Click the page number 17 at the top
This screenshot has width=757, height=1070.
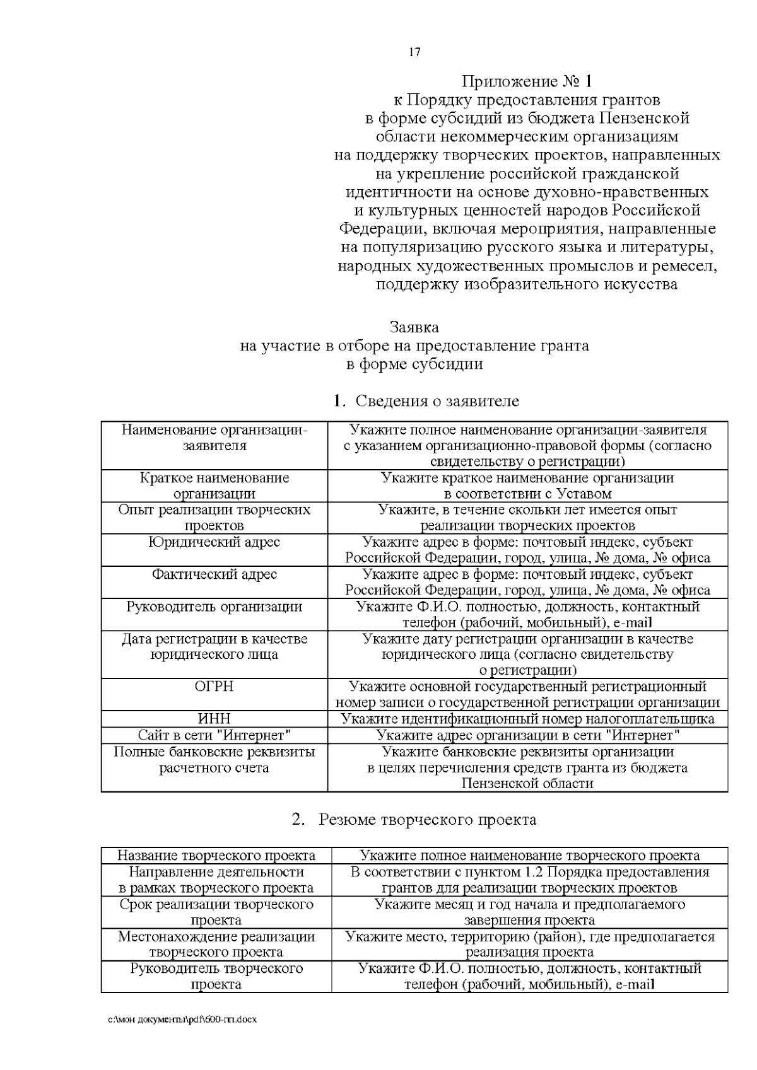click(x=414, y=52)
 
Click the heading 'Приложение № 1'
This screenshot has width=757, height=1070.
click(x=527, y=81)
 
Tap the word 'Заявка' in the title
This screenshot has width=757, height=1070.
click(x=414, y=328)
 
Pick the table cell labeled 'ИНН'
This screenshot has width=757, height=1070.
click(x=214, y=719)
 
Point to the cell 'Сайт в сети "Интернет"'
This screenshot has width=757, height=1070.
click(x=214, y=735)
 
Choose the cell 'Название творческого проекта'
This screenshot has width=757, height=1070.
click(x=216, y=856)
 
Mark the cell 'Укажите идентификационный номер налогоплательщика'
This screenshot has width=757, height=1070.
click(x=527, y=719)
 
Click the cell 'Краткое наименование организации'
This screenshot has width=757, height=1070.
click(x=214, y=486)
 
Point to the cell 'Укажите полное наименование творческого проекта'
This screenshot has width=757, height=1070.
click(x=529, y=856)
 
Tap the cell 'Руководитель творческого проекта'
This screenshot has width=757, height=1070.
click(x=216, y=975)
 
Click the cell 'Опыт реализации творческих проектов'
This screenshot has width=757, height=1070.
click(x=214, y=518)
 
